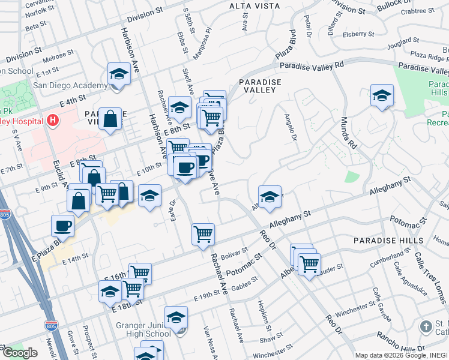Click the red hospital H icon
point(53,121)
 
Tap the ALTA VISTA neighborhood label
point(255,6)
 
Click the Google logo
point(20,353)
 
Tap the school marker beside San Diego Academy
point(119,75)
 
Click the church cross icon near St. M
point(426,327)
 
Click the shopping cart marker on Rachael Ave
point(203,234)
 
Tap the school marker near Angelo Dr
point(270,197)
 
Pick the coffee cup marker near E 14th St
point(63,226)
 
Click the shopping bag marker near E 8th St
point(112,119)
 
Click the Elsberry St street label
point(358,35)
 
